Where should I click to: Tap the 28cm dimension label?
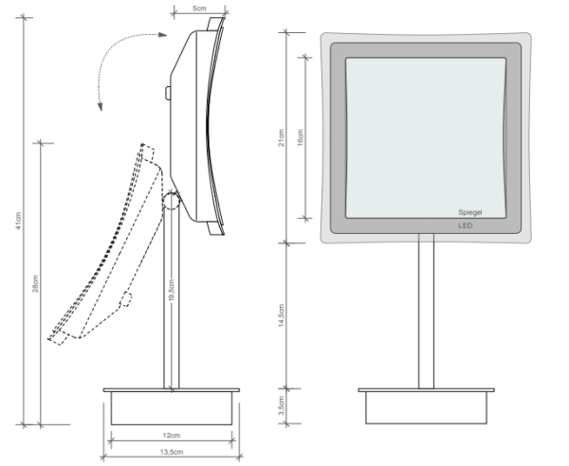[x=36, y=284]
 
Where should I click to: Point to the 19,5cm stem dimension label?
[x=171, y=288]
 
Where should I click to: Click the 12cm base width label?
[x=171, y=436]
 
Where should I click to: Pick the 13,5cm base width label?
[x=171, y=450]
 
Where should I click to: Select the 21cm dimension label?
[x=282, y=138]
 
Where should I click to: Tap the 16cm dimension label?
[x=301, y=138]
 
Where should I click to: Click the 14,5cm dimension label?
[x=282, y=314]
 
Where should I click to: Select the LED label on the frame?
[x=465, y=226]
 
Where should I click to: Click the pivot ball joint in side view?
[x=172, y=201]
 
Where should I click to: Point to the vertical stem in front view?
[x=426, y=313]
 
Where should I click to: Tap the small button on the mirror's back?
[x=167, y=93]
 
